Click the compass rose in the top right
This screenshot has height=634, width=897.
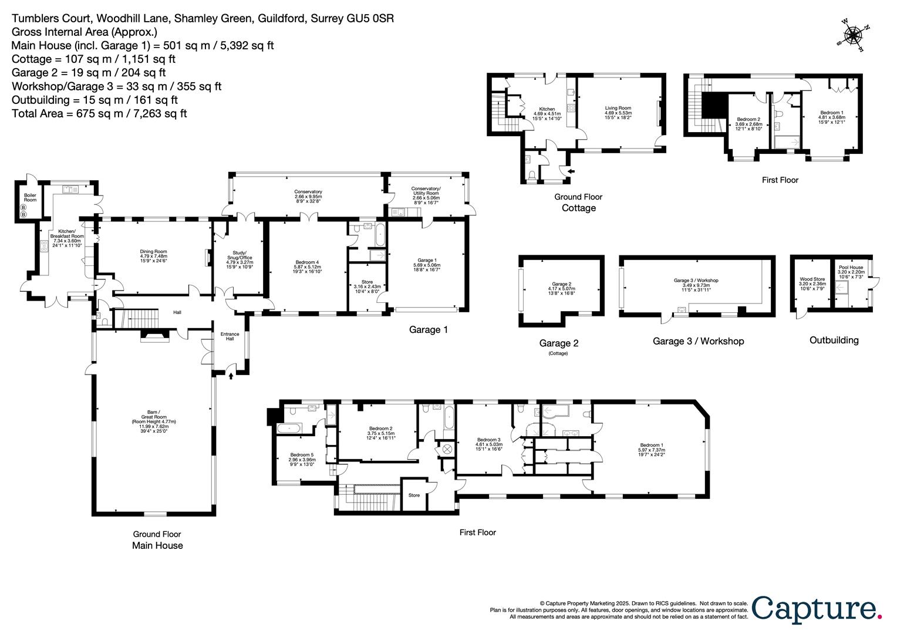[x=855, y=36]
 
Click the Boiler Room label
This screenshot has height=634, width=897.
[x=30, y=197]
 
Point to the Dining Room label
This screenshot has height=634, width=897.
[x=154, y=252]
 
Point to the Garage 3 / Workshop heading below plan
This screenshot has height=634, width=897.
[x=698, y=341]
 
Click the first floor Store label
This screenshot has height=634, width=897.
[x=414, y=495]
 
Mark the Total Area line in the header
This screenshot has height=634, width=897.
[x=99, y=113]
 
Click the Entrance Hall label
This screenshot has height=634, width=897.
[x=230, y=336]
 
